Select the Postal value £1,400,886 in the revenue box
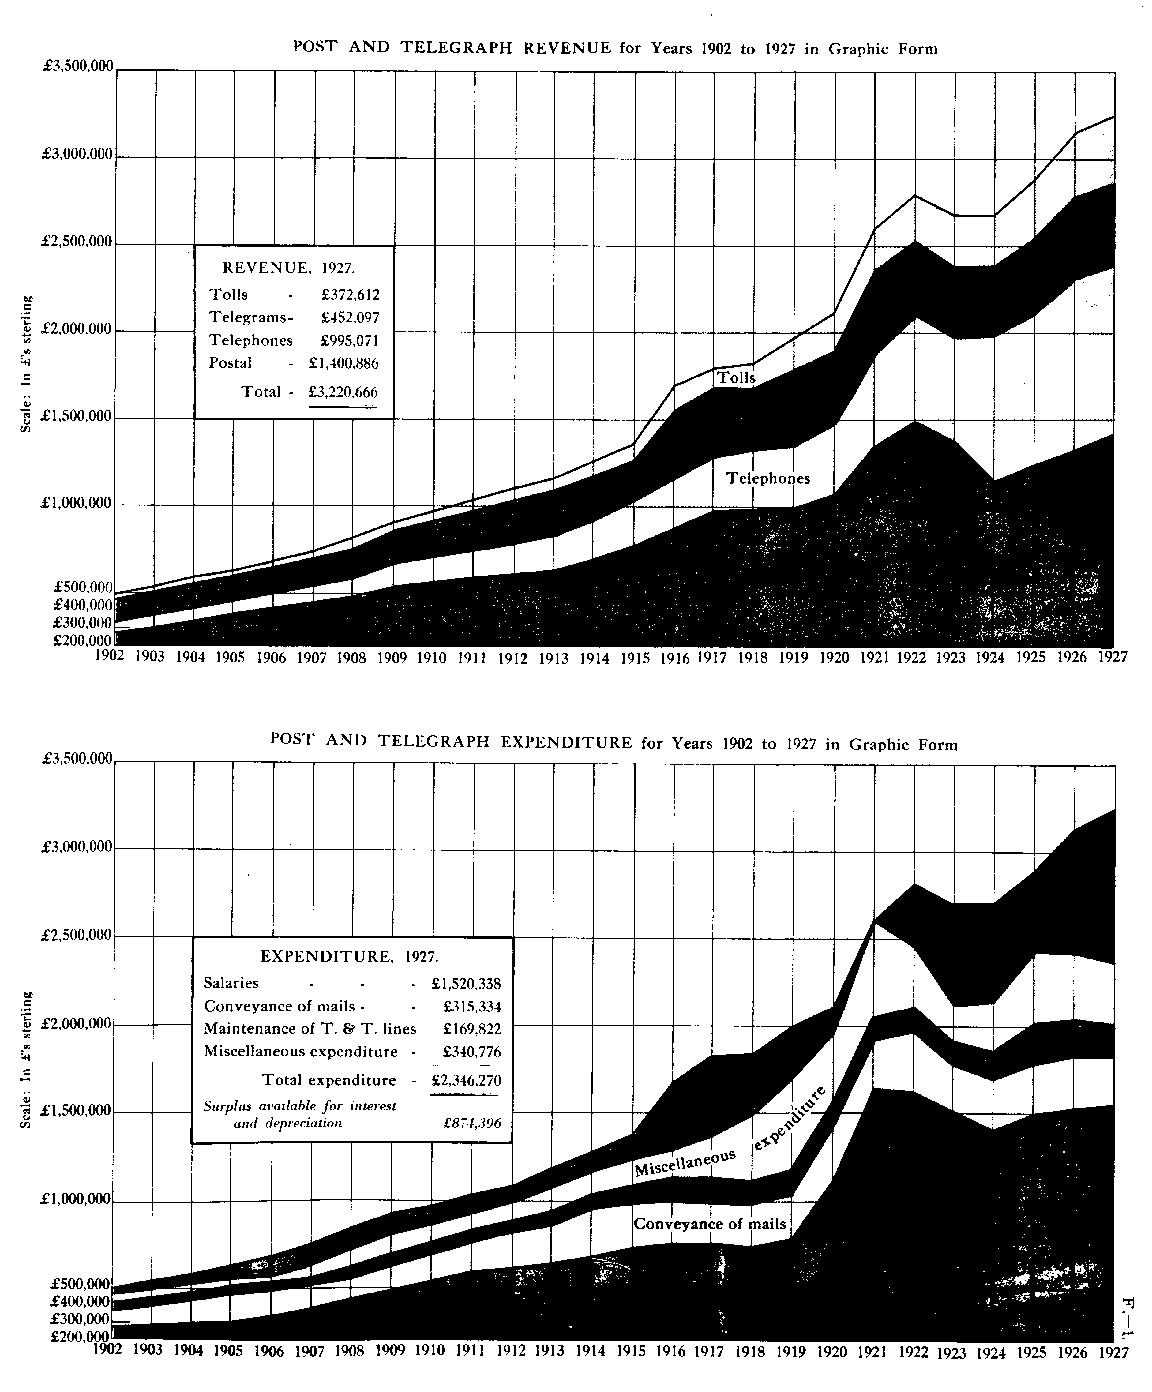point(343,363)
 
